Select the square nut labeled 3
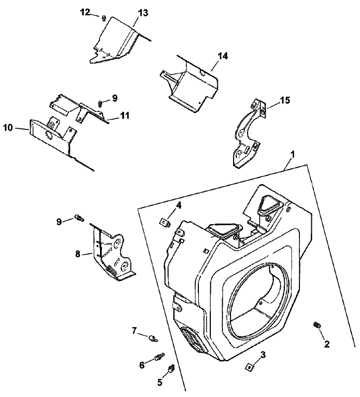pyautogui.click(x=249, y=366)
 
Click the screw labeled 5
pyautogui.click(x=171, y=369)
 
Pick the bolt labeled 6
pyautogui.click(x=159, y=357)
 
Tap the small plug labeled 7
pyautogui.click(x=153, y=338)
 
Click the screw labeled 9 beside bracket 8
pyautogui.click(x=79, y=218)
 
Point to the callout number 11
pyautogui.click(x=125, y=115)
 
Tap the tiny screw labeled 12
pyautogui.click(x=103, y=18)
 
